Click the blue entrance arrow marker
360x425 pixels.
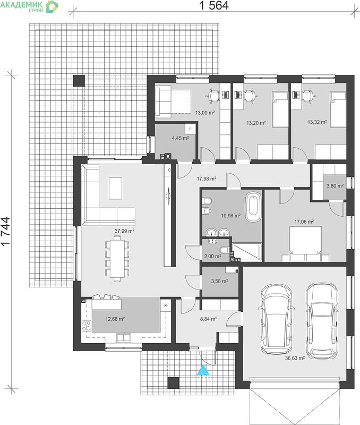pyautogui.click(x=203, y=370)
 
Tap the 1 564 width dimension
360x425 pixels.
pyautogui.click(x=214, y=5)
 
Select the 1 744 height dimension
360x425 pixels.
pyautogui.click(x=5, y=231)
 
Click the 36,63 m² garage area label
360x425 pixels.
pyautogui.click(x=295, y=358)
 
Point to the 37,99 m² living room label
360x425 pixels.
pyautogui.click(x=125, y=231)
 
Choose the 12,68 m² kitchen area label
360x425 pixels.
pyautogui.click(x=115, y=319)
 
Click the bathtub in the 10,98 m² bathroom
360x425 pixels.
pyautogui.click(x=253, y=207)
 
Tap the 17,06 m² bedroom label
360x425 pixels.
pyautogui.click(x=304, y=222)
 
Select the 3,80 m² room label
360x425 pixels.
pyautogui.click(x=335, y=186)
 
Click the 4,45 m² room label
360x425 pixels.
pyautogui.click(x=181, y=138)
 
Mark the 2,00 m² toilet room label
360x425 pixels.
pyautogui.click(x=212, y=256)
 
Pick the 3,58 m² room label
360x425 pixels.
pyautogui.click(x=220, y=282)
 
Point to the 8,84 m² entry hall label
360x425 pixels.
pyautogui.click(x=209, y=319)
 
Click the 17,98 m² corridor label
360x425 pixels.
pyautogui.click(x=207, y=179)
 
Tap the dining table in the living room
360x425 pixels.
pyautogui.click(x=117, y=259)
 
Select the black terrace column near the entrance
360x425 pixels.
pyautogui.click(x=173, y=383)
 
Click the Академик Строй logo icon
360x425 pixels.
pyautogui.click(x=52, y=6)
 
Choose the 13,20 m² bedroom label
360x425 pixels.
pyautogui.click(x=256, y=123)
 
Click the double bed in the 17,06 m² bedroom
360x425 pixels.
pyautogui.click(x=305, y=244)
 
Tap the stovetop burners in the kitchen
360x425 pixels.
pyautogui.click(x=87, y=326)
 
